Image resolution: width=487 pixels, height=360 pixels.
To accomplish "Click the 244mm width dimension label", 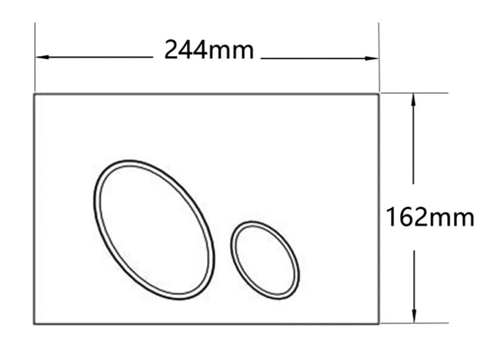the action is coord(209,49).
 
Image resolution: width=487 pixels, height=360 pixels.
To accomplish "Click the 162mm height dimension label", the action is coord(430,217).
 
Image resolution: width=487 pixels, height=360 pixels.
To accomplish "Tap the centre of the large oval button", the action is coord(154,229).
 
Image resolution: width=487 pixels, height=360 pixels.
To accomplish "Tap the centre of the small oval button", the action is coord(265,260).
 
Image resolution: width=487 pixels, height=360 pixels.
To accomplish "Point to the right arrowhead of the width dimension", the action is coord(372,58).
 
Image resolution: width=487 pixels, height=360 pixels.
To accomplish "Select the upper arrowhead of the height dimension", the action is coord(413,100).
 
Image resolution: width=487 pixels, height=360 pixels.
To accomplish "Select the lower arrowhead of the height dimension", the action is coord(414,316).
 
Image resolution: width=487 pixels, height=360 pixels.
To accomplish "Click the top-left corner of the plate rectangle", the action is coord(34,93).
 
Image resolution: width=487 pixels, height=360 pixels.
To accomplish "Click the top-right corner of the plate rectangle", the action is coord(378,93).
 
